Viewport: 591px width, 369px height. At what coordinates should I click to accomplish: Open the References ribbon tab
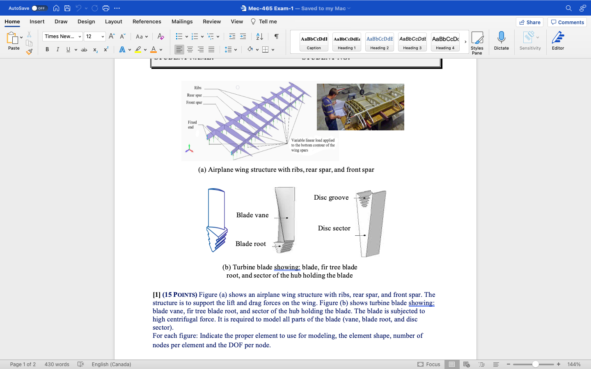click(x=147, y=22)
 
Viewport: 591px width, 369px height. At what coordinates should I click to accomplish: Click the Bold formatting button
click(x=47, y=50)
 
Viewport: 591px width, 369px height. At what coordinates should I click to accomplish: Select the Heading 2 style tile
click(x=379, y=42)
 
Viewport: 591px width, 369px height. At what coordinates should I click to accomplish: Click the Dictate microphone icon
click(x=501, y=38)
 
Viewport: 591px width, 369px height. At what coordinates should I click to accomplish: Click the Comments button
click(x=567, y=22)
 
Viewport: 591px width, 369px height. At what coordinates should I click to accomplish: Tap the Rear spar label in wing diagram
click(x=194, y=95)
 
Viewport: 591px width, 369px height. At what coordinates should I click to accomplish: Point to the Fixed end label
click(x=192, y=125)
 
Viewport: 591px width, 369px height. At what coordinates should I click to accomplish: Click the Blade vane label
click(x=252, y=215)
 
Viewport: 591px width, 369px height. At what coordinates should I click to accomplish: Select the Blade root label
click(x=250, y=244)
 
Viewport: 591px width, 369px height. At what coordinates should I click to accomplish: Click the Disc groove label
click(x=331, y=198)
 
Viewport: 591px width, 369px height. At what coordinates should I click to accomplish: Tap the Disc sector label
click(x=334, y=228)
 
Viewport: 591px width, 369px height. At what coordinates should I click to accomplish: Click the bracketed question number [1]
click(x=156, y=295)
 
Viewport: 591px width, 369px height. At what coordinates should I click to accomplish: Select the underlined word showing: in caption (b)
click(x=287, y=267)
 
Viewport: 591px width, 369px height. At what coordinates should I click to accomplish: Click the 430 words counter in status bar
click(x=57, y=364)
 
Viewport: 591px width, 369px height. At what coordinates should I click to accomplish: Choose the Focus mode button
click(x=429, y=364)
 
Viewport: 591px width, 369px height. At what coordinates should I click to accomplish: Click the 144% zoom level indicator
click(x=574, y=364)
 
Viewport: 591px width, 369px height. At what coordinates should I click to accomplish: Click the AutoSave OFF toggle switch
click(x=39, y=8)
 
